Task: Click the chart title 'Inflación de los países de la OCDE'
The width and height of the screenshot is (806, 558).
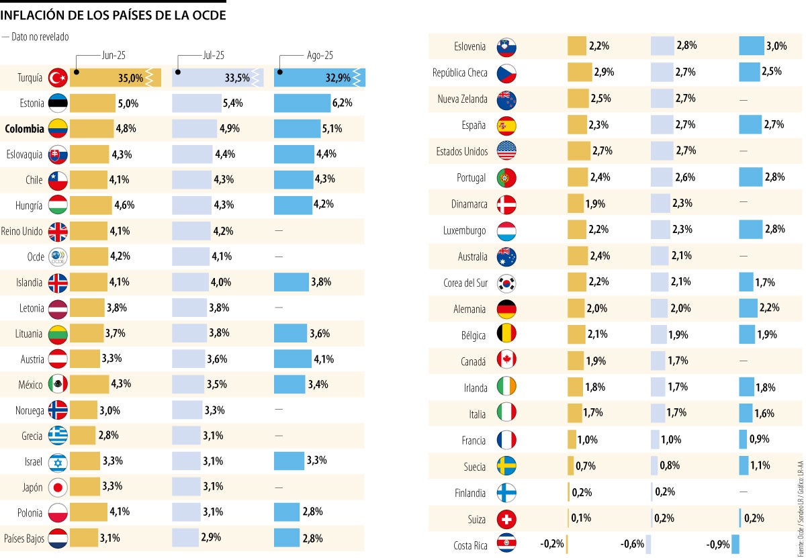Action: click(x=113, y=15)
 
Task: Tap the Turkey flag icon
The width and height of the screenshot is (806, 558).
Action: click(x=58, y=78)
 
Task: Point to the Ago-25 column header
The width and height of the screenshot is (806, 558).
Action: click(x=315, y=56)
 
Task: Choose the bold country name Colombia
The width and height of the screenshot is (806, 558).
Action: click(x=24, y=129)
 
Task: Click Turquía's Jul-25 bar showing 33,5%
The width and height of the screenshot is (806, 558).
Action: click(x=217, y=78)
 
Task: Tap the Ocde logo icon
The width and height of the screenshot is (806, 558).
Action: click(x=58, y=257)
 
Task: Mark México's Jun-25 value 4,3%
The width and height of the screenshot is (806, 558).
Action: click(x=121, y=385)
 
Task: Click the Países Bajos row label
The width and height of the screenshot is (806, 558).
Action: click(x=24, y=539)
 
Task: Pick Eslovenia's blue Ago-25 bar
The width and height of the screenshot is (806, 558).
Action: click(x=752, y=46)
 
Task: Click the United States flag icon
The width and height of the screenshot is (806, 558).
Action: click(x=506, y=151)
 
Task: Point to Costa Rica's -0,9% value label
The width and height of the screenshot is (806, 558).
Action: click(x=717, y=545)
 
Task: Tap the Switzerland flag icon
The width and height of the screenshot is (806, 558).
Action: click(x=506, y=519)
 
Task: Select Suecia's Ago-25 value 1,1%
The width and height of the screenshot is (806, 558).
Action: click(x=761, y=466)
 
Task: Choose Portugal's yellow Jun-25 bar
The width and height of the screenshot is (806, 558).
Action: click(x=578, y=177)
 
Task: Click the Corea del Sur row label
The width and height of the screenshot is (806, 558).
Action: click(x=465, y=283)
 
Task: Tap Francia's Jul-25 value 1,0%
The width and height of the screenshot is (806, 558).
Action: click(x=670, y=440)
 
